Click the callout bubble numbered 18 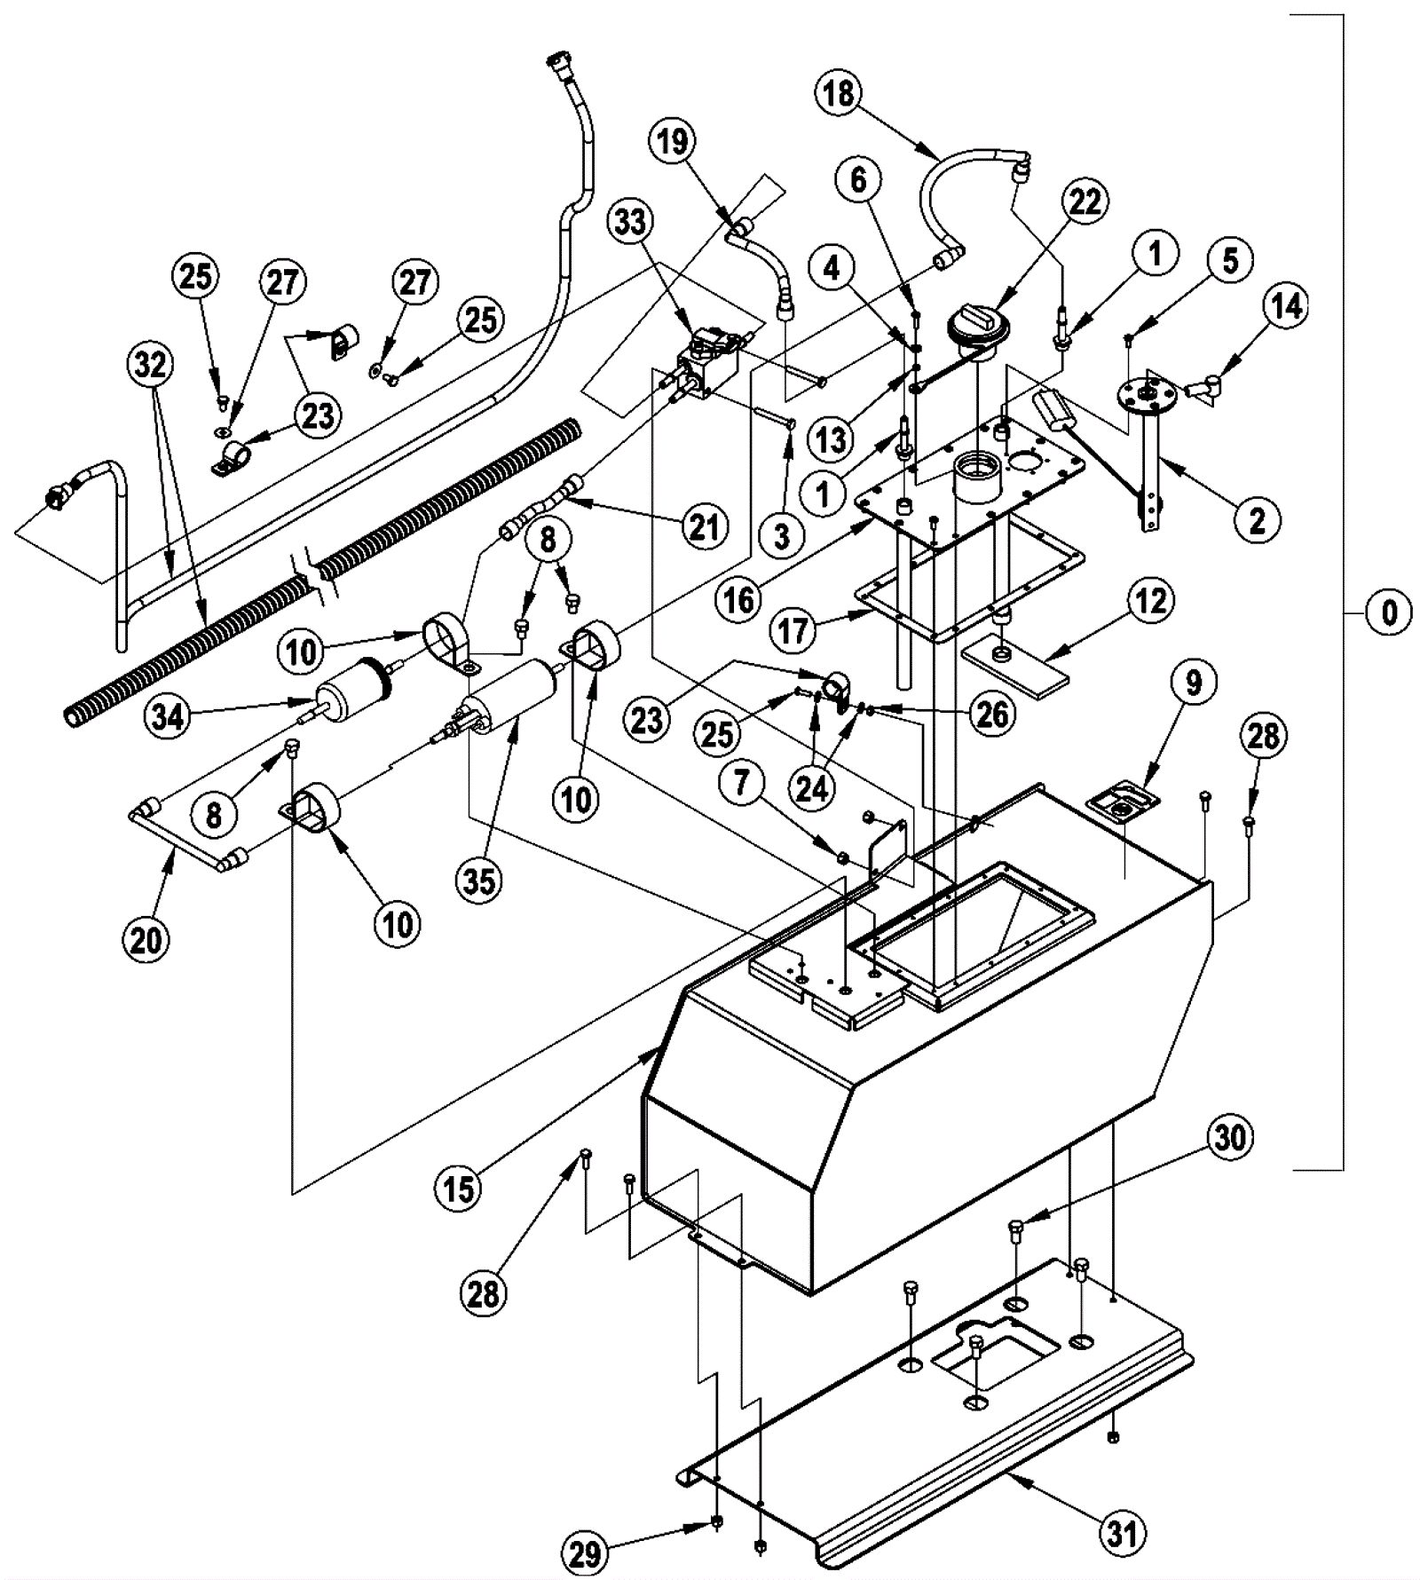pyautogui.click(x=838, y=93)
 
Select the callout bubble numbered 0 pyautogui.click(x=1389, y=612)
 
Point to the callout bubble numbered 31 pyautogui.click(x=1123, y=1532)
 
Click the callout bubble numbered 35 pyautogui.click(x=479, y=881)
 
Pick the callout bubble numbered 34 pyautogui.click(x=168, y=715)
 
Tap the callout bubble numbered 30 pyautogui.click(x=1230, y=1137)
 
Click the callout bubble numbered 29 pyautogui.click(x=585, y=1553)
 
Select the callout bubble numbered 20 pyautogui.click(x=146, y=939)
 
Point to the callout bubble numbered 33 pyautogui.click(x=630, y=221)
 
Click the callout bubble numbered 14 pyautogui.click(x=1286, y=306)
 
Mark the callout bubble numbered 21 pyautogui.click(x=704, y=527)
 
